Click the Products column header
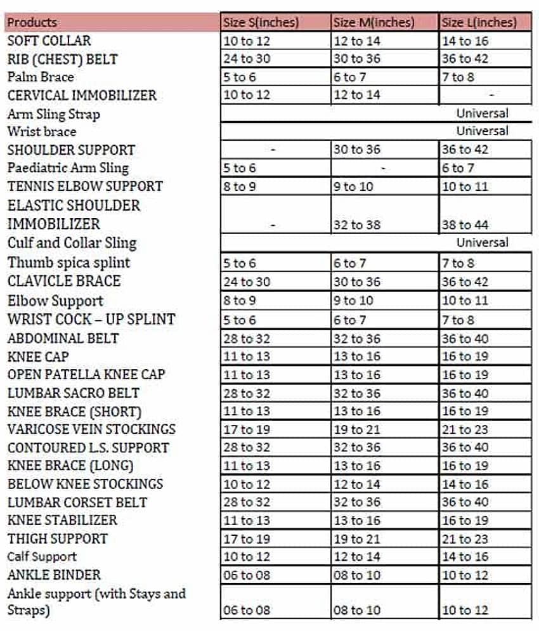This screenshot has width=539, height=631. click(x=32, y=23)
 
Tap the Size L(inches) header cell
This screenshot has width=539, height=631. click(x=479, y=23)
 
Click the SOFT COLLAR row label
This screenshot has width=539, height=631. click(x=49, y=41)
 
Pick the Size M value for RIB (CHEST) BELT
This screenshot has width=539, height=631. click(x=357, y=59)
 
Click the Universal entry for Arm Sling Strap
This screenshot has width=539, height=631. click(x=482, y=114)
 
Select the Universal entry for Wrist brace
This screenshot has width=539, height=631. click(x=482, y=131)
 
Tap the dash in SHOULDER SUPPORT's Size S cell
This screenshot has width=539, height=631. click(x=273, y=150)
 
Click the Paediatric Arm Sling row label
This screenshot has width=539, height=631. click(x=68, y=168)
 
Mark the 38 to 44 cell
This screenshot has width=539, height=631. click(x=465, y=224)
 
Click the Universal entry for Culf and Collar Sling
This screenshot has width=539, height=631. click(x=482, y=242)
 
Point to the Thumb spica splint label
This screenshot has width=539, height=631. click(x=68, y=263)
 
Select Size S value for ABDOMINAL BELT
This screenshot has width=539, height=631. click(x=247, y=338)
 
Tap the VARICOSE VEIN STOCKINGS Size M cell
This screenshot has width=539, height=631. click(x=357, y=429)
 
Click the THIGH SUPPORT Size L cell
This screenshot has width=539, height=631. click(x=465, y=539)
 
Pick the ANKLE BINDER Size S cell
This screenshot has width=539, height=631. click(x=247, y=575)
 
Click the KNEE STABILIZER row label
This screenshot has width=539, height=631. click(x=62, y=520)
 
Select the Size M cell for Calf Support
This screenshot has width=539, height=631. click(x=357, y=557)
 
